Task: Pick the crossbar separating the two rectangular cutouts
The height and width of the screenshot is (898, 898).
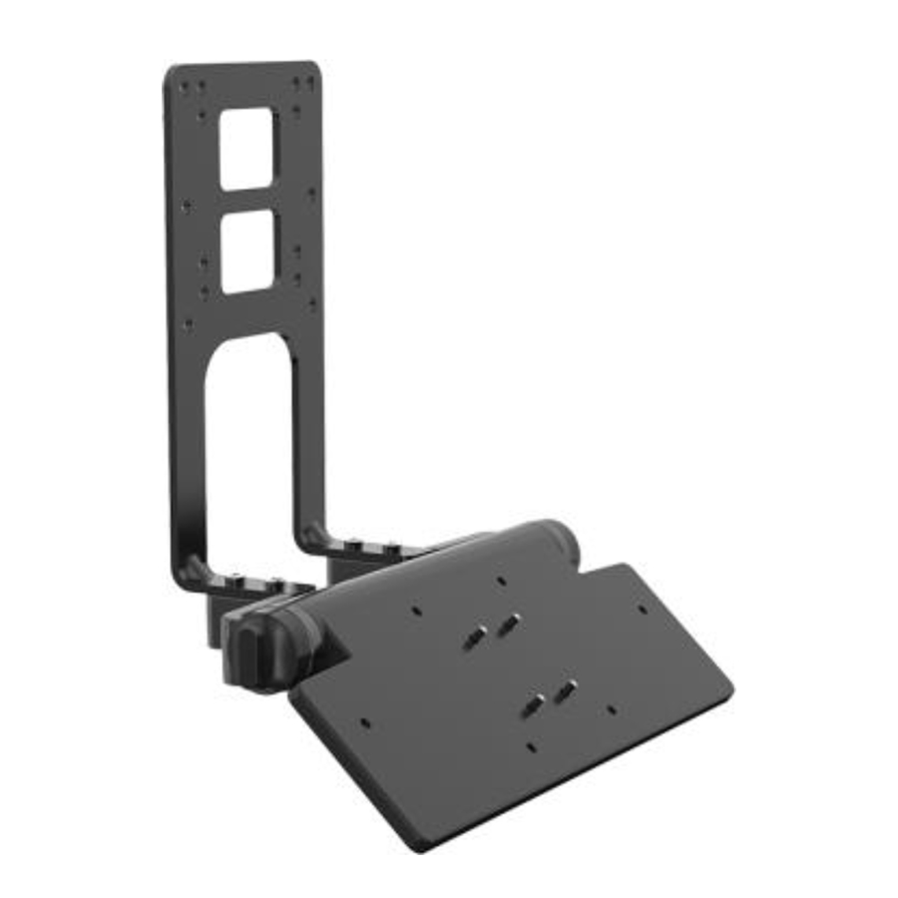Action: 246,200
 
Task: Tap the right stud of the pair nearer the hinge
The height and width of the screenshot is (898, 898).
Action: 510,624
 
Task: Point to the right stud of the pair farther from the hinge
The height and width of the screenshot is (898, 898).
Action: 567,688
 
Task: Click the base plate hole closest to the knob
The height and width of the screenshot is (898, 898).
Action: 365,719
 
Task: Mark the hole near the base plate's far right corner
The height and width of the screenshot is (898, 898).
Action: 640,608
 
